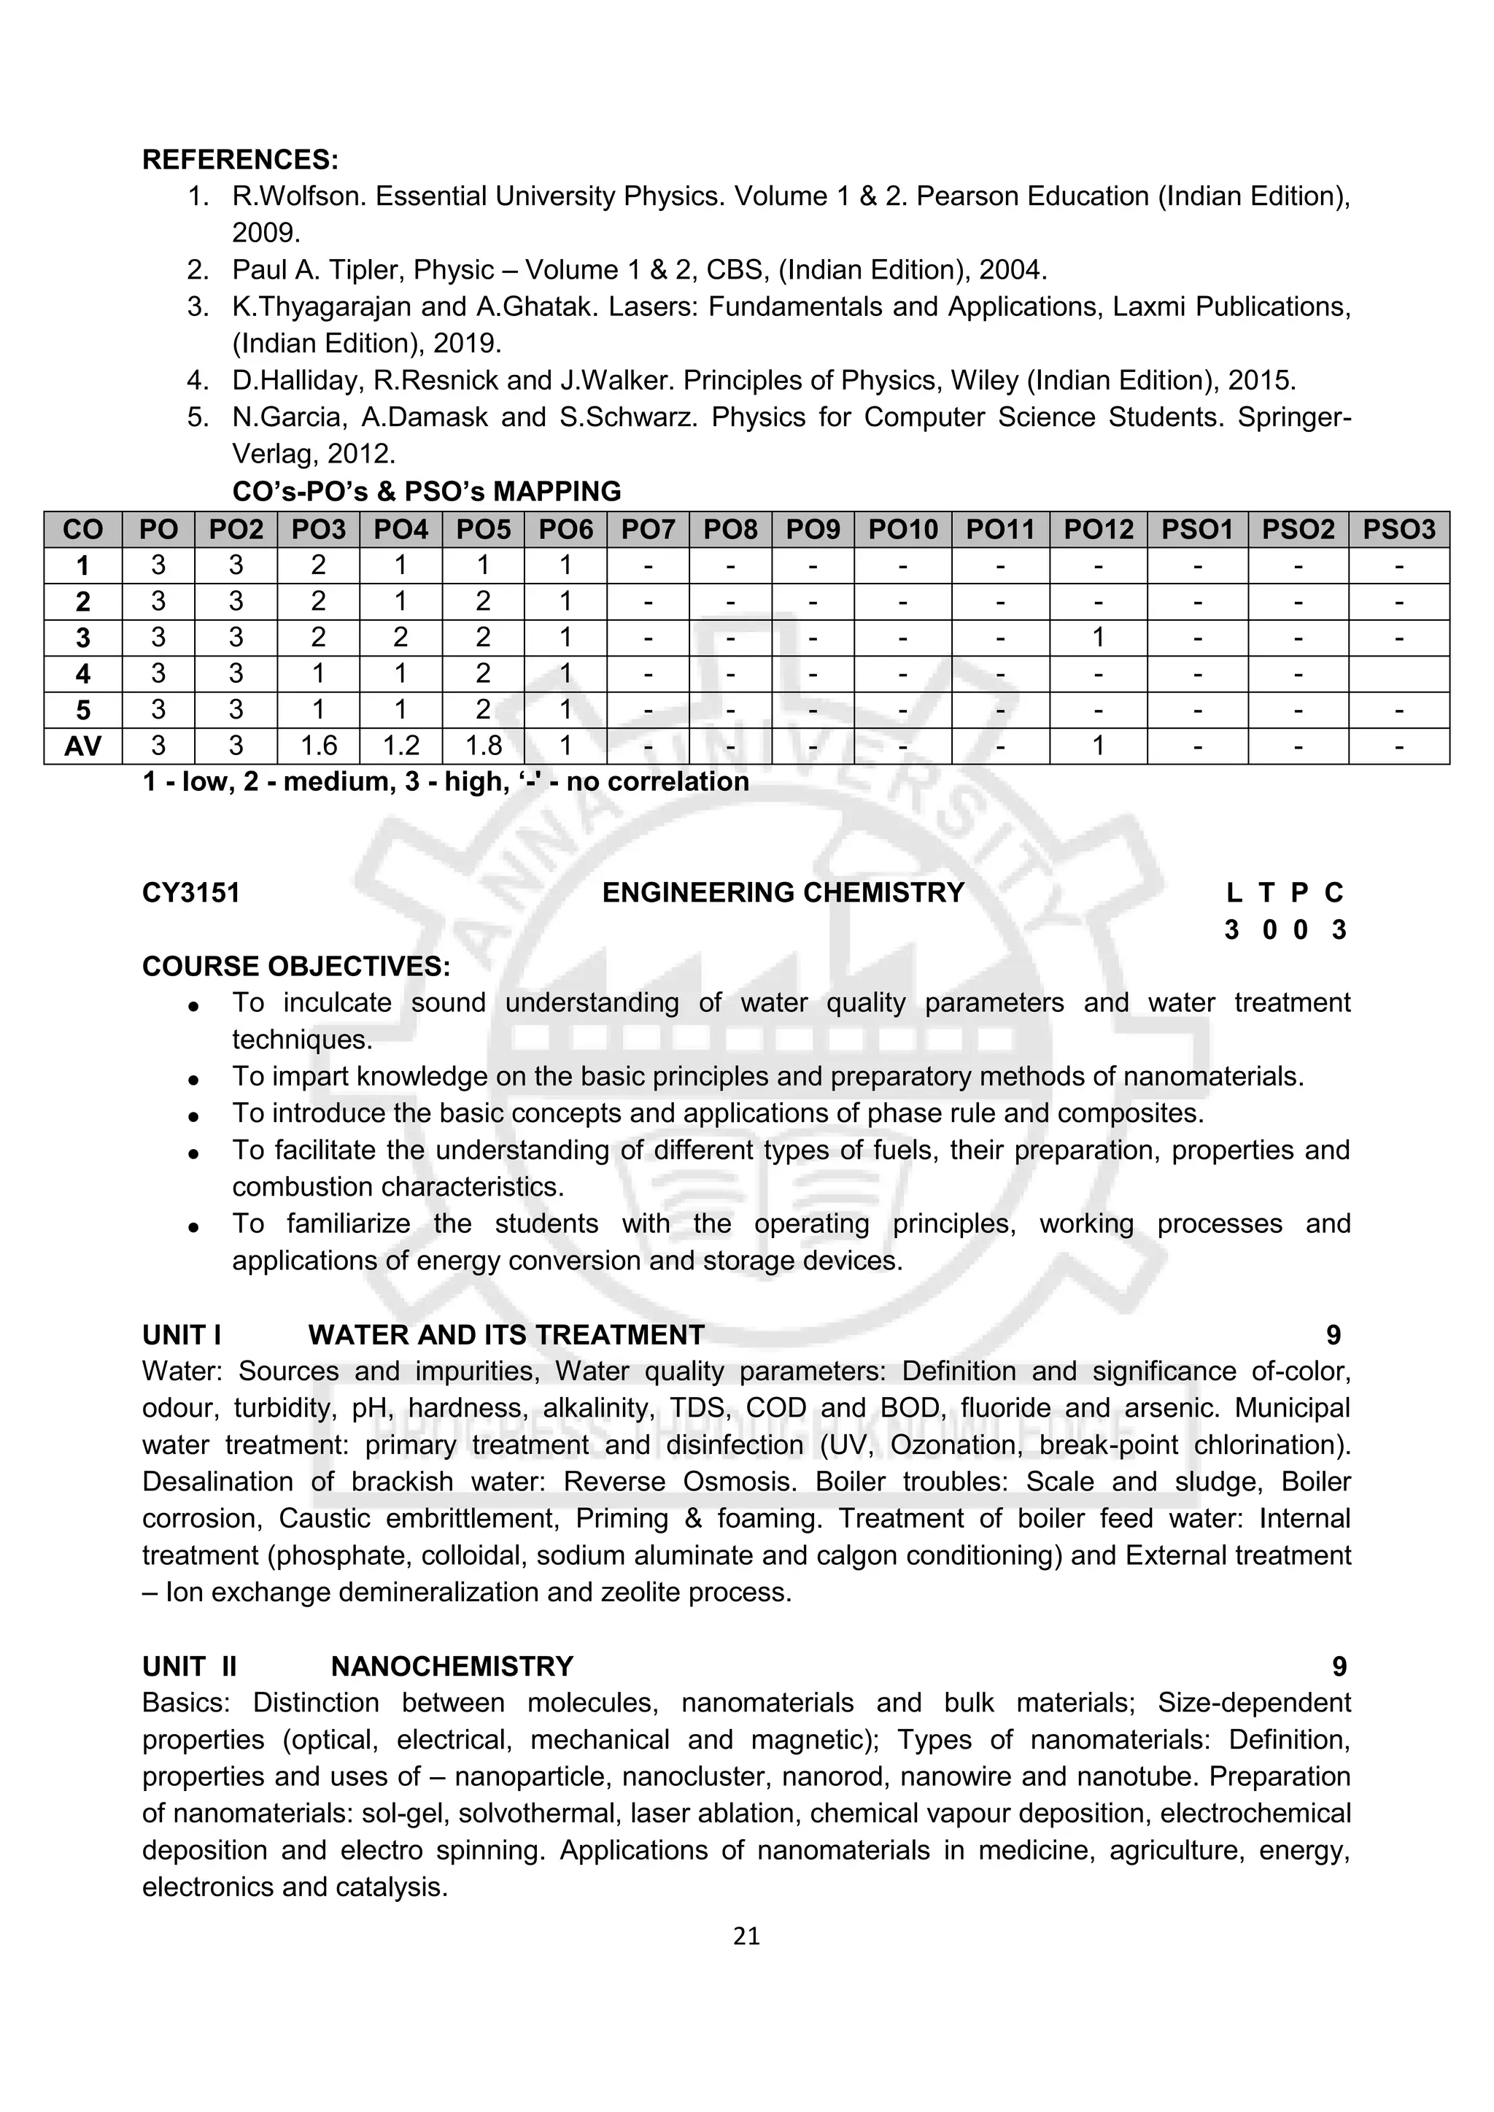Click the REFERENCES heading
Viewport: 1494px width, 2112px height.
[x=240, y=159]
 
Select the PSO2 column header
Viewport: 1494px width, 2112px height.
[x=1297, y=529]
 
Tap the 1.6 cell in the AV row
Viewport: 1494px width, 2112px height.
[x=317, y=746]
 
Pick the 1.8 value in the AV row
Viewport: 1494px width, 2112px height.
[x=482, y=746]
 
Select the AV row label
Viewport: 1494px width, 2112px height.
[x=82, y=746]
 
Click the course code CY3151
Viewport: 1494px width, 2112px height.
[x=190, y=892]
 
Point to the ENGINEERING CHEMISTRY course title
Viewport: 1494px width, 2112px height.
[x=783, y=892]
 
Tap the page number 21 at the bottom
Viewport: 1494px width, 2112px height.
[x=746, y=1936]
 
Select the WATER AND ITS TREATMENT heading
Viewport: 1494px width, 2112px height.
[x=506, y=1335]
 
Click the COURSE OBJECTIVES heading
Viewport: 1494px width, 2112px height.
[x=296, y=966]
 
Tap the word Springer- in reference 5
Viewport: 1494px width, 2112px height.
[x=1293, y=417]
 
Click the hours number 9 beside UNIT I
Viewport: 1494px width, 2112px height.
[x=1333, y=1335]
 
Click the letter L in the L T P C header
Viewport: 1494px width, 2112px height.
[x=1234, y=892]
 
